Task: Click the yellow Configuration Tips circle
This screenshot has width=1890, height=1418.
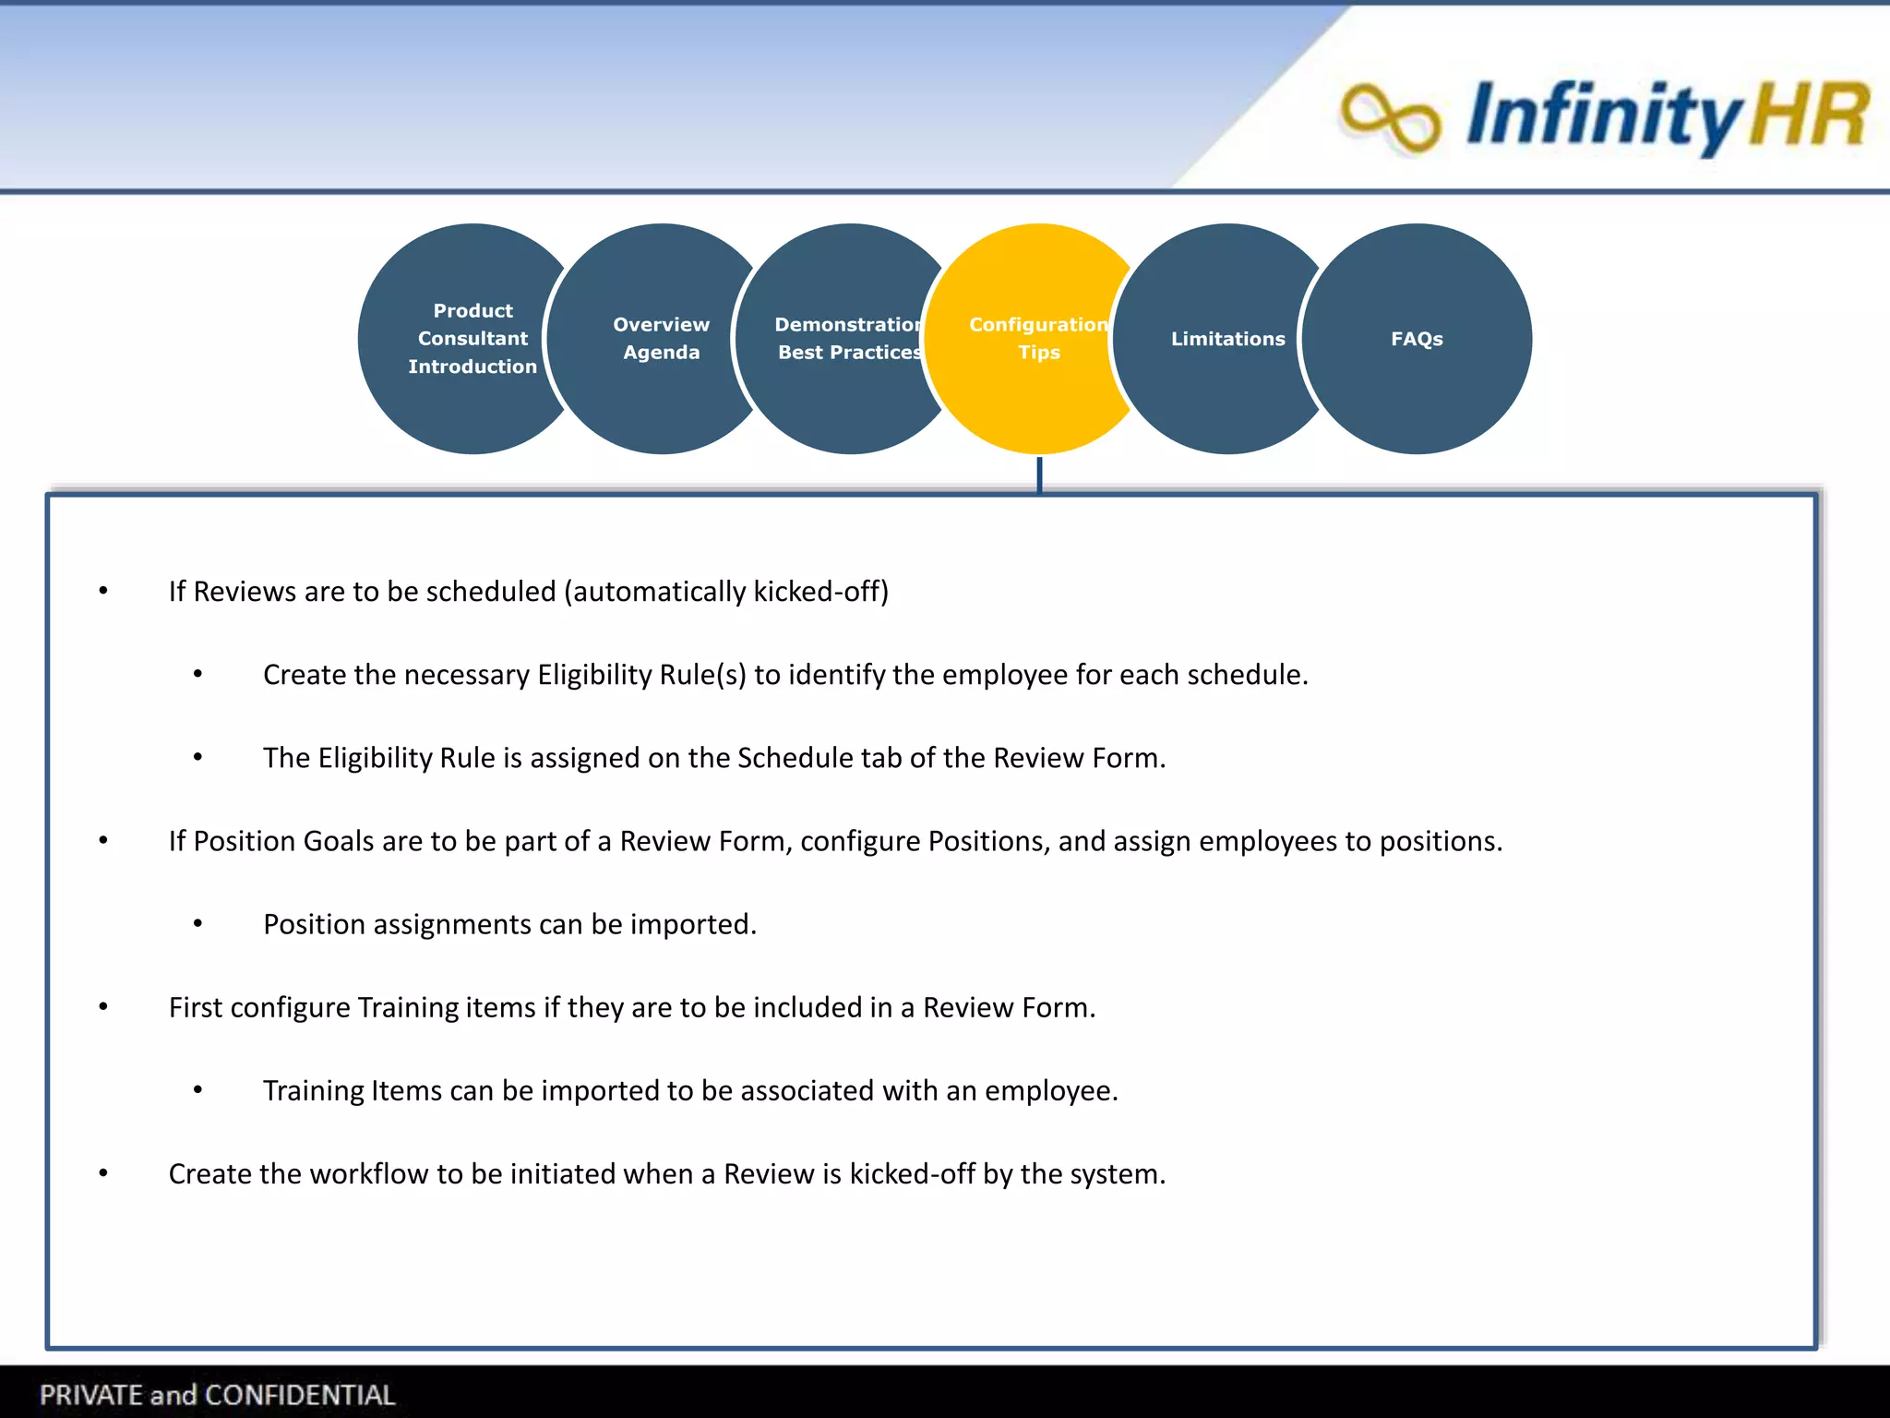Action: [x=1038, y=338]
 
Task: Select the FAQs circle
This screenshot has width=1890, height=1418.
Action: [x=1417, y=338]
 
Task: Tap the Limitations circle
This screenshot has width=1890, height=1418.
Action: [x=1227, y=338]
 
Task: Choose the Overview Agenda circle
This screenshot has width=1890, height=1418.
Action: [x=661, y=338]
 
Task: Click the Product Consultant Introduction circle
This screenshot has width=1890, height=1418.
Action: [x=472, y=338]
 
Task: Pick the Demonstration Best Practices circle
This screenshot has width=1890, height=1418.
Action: [x=849, y=338]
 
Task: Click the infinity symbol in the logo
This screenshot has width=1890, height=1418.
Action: [x=1390, y=117]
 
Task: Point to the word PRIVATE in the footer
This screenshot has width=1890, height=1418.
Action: [x=91, y=1395]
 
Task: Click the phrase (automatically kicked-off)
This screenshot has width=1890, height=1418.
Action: [x=726, y=592]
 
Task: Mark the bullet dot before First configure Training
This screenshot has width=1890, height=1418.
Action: [x=103, y=1007]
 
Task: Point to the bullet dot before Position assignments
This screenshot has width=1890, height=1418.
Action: [x=197, y=924]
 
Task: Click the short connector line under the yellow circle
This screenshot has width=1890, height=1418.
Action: [x=1039, y=475]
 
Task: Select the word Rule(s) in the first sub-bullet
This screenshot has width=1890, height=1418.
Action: [x=702, y=675]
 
